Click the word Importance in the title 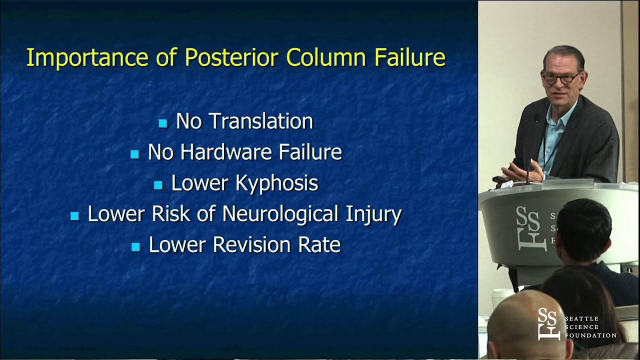click(87, 57)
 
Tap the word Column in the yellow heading click(326, 57)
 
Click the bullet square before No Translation click(163, 123)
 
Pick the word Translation click(261, 121)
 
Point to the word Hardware click(226, 152)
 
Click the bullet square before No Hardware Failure click(134, 154)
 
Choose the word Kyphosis click(276, 183)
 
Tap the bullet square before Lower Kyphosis click(158, 185)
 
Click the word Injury click(373, 214)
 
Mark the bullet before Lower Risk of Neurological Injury click(74, 215)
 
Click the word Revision click(251, 244)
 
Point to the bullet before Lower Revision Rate click(135, 247)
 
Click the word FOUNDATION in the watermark click(590, 335)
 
